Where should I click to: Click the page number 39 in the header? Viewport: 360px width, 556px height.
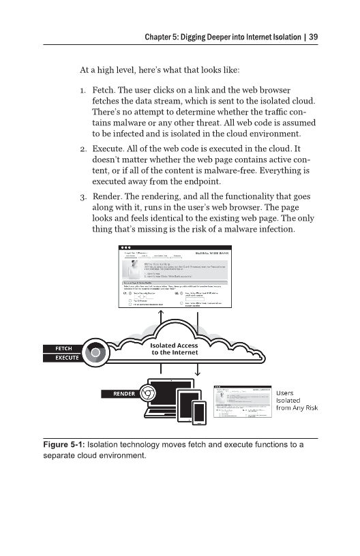314,37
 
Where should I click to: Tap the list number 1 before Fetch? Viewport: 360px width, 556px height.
82,90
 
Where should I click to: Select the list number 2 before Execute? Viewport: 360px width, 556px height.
82,148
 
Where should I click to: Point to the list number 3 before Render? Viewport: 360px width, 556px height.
82,193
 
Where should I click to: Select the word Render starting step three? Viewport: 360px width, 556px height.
107,193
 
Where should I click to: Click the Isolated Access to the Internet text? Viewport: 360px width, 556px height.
174,349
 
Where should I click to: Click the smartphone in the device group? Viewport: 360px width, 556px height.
199,412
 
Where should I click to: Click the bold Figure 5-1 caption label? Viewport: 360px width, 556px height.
63,444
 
